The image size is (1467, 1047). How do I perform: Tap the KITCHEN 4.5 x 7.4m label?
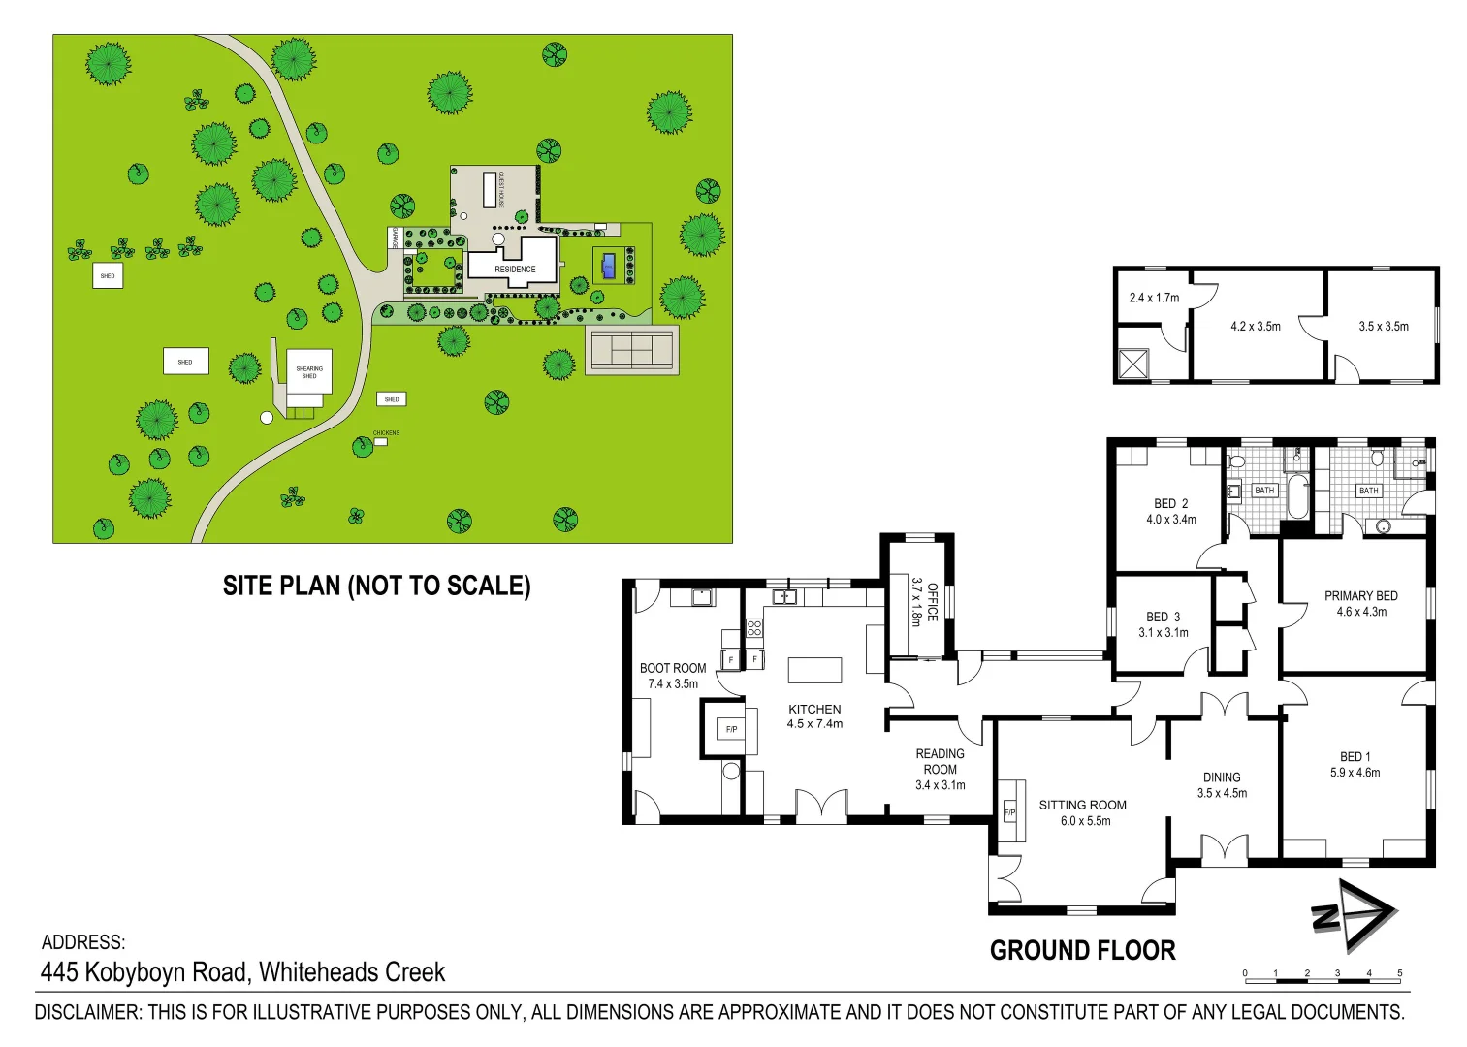814,716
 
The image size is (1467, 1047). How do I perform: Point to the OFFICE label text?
932,601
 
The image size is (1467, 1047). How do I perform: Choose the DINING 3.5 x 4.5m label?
1222,785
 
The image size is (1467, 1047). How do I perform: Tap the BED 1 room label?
1355,764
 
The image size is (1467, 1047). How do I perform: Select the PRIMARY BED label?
1361,603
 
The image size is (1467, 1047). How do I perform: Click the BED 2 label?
1170,511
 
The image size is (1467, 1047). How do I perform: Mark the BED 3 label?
1163,624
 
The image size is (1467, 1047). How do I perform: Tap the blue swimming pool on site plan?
608,265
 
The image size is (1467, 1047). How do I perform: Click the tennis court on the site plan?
631,348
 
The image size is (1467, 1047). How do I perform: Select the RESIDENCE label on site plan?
515,269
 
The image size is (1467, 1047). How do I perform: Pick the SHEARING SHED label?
309,372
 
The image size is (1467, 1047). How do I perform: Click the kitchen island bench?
814,670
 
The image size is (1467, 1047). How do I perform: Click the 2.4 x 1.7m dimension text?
1154,298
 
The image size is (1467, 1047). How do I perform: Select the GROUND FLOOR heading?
1082,950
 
